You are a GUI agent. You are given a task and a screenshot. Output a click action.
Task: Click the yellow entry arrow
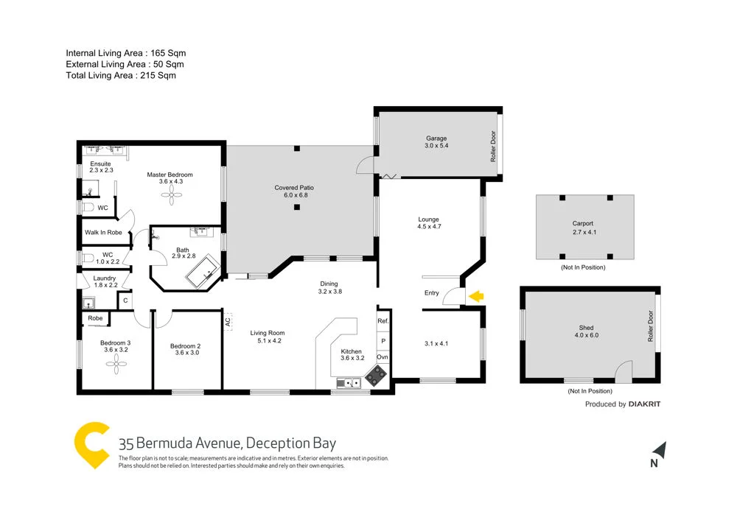click(476, 296)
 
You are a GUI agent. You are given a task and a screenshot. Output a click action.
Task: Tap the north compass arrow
click(660, 449)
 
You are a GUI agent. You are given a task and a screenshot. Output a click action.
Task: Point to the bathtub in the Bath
click(203, 273)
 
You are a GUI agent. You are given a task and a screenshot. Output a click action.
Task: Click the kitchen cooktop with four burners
click(375, 376)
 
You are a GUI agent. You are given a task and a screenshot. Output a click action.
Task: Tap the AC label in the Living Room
click(228, 322)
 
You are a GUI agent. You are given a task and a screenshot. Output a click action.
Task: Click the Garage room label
click(436, 138)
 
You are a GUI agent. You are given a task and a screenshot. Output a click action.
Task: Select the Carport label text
click(583, 223)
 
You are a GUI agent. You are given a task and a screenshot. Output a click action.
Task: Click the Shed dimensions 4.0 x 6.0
click(586, 336)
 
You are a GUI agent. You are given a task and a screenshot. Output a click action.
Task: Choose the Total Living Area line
click(121, 75)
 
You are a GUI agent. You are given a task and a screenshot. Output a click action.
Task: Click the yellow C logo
click(92, 446)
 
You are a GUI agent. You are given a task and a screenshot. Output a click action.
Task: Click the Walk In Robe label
click(103, 232)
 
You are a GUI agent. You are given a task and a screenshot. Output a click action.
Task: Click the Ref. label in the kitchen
click(383, 322)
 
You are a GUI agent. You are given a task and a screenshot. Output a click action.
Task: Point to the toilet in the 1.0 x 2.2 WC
click(88, 259)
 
